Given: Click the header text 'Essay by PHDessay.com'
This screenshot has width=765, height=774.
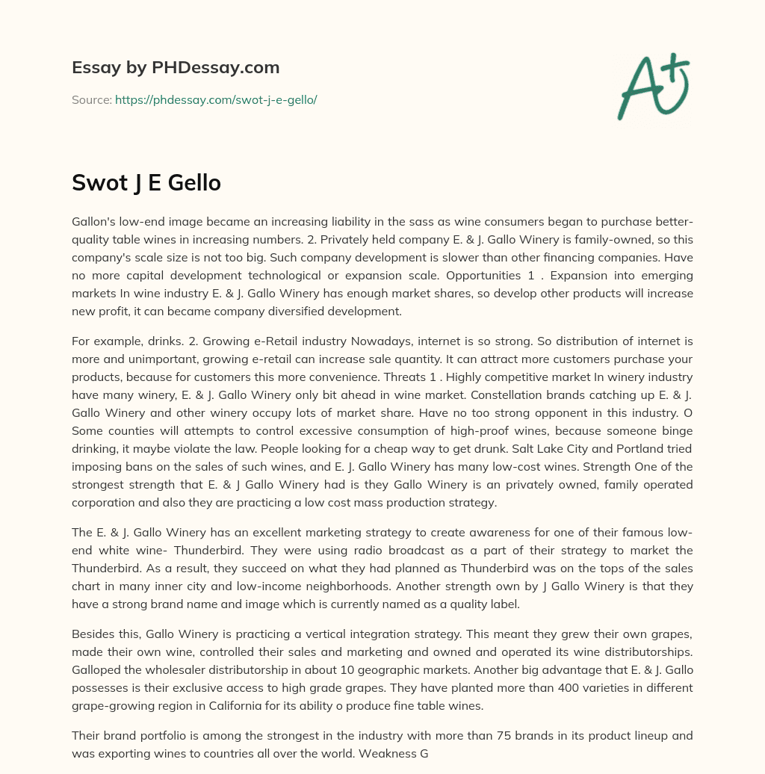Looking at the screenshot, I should click(x=176, y=68).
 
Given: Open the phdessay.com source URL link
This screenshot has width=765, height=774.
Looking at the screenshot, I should click(x=216, y=99).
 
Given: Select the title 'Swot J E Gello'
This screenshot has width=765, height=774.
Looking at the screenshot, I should click(x=146, y=182).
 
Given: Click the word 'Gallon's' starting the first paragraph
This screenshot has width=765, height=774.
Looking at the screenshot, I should click(x=95, y=222).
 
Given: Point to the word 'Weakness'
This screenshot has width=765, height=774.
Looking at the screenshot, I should click(x=383, y=754).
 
